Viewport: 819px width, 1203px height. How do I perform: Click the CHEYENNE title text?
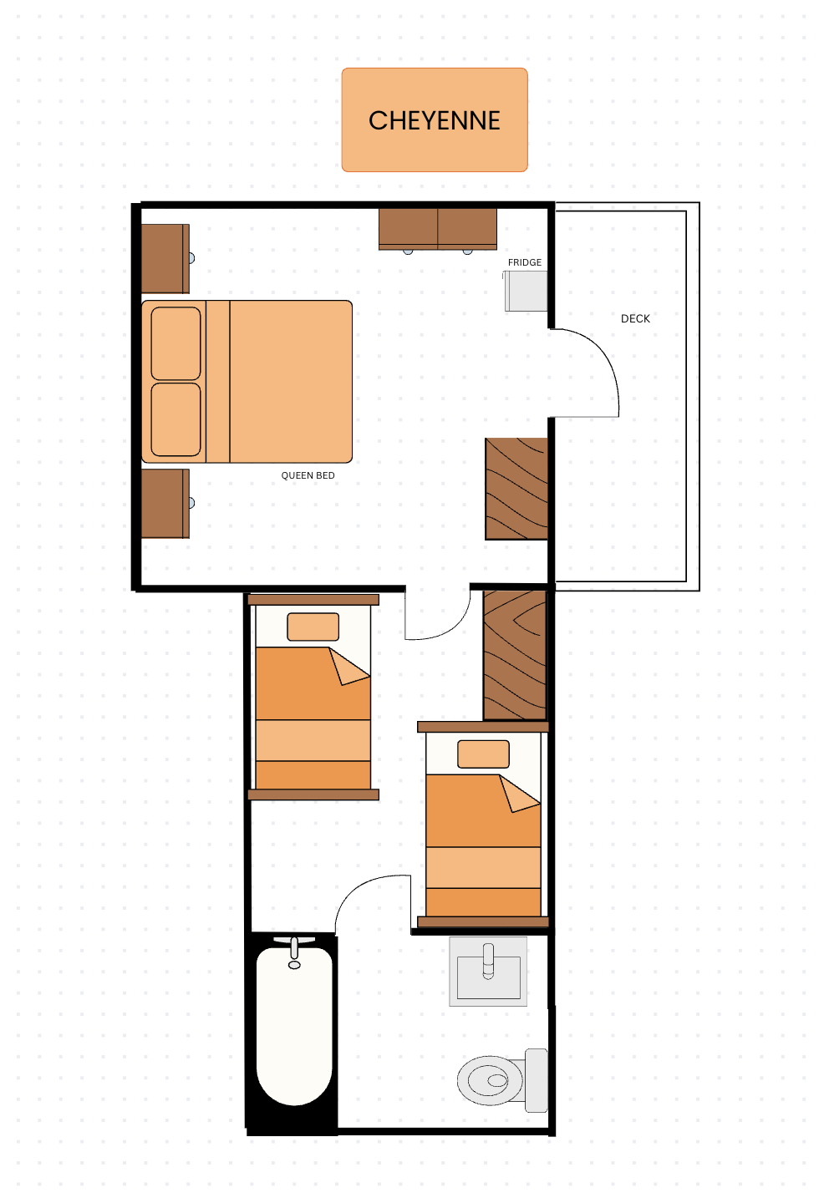[435, 120]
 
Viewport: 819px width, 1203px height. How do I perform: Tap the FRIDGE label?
[525, 262]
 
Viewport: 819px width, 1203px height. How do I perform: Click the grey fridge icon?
[526, 291]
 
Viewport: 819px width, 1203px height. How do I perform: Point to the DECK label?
[635, 318]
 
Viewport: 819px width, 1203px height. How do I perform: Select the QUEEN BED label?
[308, 475]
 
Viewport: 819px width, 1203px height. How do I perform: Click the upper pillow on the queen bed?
[175, 343]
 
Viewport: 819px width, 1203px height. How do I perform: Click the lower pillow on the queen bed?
[175, 419]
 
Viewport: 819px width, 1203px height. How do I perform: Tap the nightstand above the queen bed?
[165, 258]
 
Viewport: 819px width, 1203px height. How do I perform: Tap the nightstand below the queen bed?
[165, 503]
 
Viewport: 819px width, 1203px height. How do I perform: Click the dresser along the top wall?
[437, 230]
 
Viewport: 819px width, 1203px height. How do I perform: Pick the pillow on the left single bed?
[313, 627]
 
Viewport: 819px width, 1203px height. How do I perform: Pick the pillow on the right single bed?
[483, 754]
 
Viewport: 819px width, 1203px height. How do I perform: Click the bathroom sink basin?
[488, 971]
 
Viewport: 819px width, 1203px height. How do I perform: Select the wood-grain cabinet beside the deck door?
[516, 489]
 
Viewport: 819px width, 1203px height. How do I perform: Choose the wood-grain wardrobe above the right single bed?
[515, 655]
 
